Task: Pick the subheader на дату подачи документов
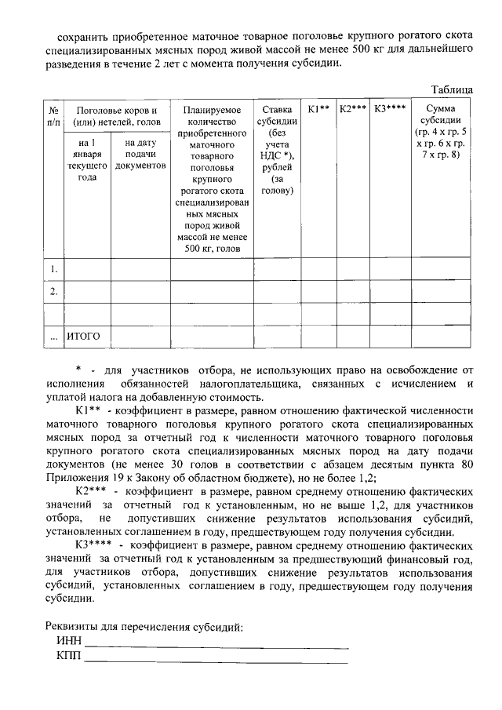coord(140,155)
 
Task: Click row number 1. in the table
coord(53,270)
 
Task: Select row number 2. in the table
coord(53,292)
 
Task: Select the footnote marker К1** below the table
coord(86,410)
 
